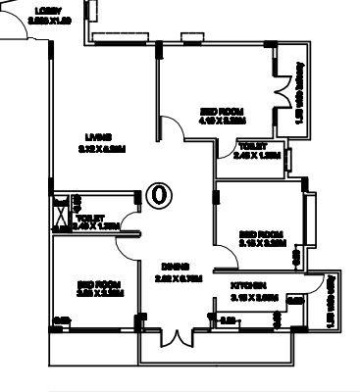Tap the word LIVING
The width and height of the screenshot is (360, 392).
point(97,135)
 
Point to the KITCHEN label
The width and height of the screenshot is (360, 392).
point(252,285)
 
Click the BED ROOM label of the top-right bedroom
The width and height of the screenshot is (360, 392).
point(222,111)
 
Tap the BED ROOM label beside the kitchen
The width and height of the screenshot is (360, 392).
point(261,233)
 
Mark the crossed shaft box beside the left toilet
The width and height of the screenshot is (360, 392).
point(61,208)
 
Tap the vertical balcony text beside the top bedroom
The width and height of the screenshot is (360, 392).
point(298,98)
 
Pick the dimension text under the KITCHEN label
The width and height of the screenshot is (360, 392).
point(252,295)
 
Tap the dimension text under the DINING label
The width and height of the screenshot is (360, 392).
point(178,277)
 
